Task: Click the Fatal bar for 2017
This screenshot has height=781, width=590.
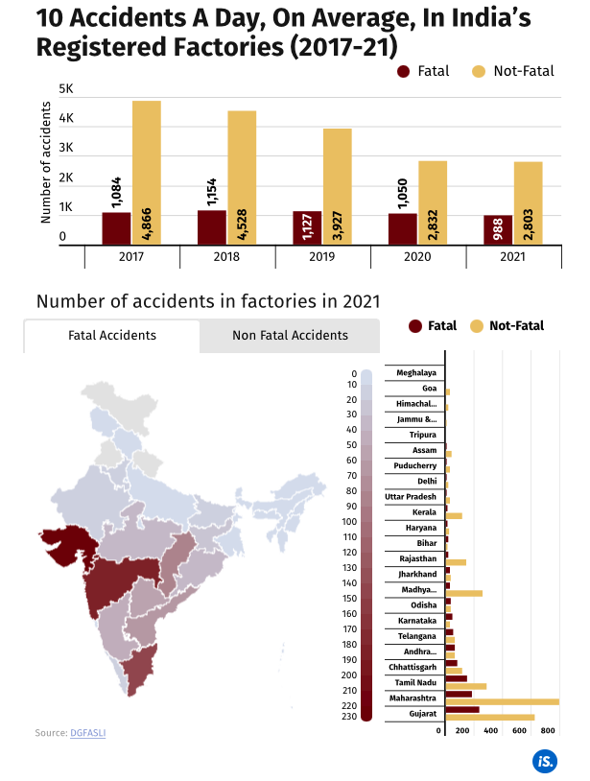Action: [x=116, y=228]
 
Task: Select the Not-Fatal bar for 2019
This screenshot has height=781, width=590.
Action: [x=337, y=186]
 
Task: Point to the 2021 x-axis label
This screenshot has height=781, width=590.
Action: [x=513, y=257]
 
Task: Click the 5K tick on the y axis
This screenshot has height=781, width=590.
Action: [x=66, y=88]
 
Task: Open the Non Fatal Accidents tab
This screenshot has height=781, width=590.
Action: [x=290, y=336]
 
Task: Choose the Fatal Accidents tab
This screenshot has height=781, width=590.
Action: [x=112, y=336]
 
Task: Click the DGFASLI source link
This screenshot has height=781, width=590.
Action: [x=89, y=733]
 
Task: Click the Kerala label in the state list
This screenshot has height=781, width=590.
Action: [x=424, y=512]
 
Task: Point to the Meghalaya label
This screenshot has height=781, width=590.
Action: [x=416, y=372]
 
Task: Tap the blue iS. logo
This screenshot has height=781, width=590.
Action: [x=545, y=761]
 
